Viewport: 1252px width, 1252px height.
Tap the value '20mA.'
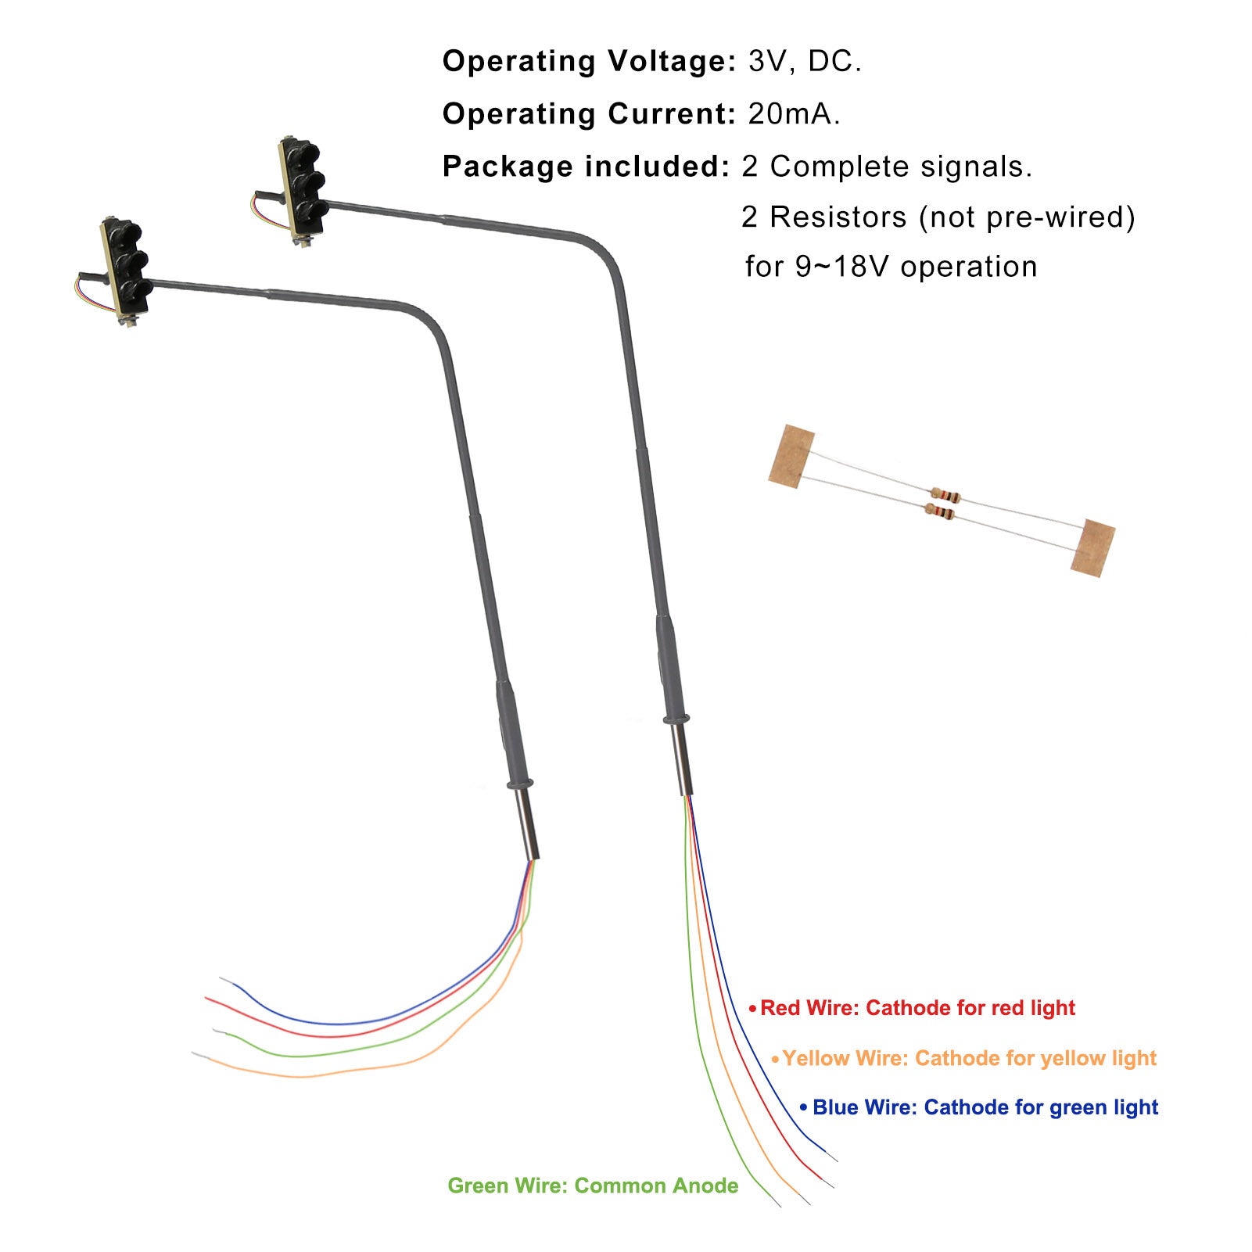(x=795, y=114)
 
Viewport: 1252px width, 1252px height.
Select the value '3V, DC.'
(x=805, y=62)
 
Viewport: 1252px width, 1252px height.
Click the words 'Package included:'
(x=586, y=167)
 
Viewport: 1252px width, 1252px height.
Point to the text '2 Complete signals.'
(x=887, y=167)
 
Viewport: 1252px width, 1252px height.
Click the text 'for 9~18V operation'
(x=891, y=267)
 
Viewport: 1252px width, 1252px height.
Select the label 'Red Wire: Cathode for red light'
(x=917, y=1008)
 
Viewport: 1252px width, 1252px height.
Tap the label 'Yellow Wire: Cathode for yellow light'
(x=969, y=1058)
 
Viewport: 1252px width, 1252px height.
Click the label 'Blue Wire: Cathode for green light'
(x=985, y=1107)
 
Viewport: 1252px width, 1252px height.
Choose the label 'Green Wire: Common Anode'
(x=593, y=1186)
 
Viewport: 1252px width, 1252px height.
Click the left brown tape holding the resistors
(x=791, y=457)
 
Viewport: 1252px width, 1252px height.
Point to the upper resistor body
(x=945, y=495)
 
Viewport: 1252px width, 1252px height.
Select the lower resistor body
(x=941, y=513)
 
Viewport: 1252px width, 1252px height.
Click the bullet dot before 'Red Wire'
(x=752, y=1009)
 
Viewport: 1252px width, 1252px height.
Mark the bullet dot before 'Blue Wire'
(x=803, y=1108)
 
